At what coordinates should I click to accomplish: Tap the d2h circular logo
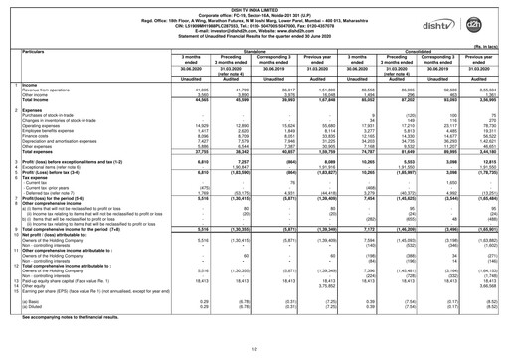(486, 19)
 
